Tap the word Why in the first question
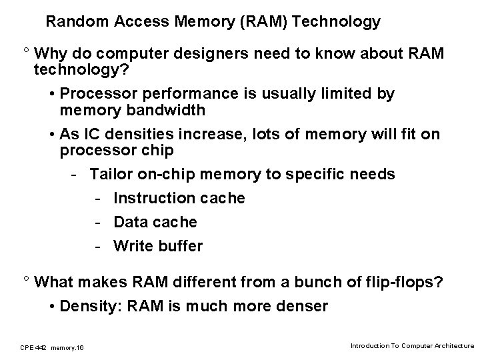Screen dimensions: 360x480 coord(50,53)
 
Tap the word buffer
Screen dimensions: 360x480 coord(181,246)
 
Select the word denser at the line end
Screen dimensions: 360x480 coord(304,306)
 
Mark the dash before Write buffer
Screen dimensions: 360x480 coord(98,247)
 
